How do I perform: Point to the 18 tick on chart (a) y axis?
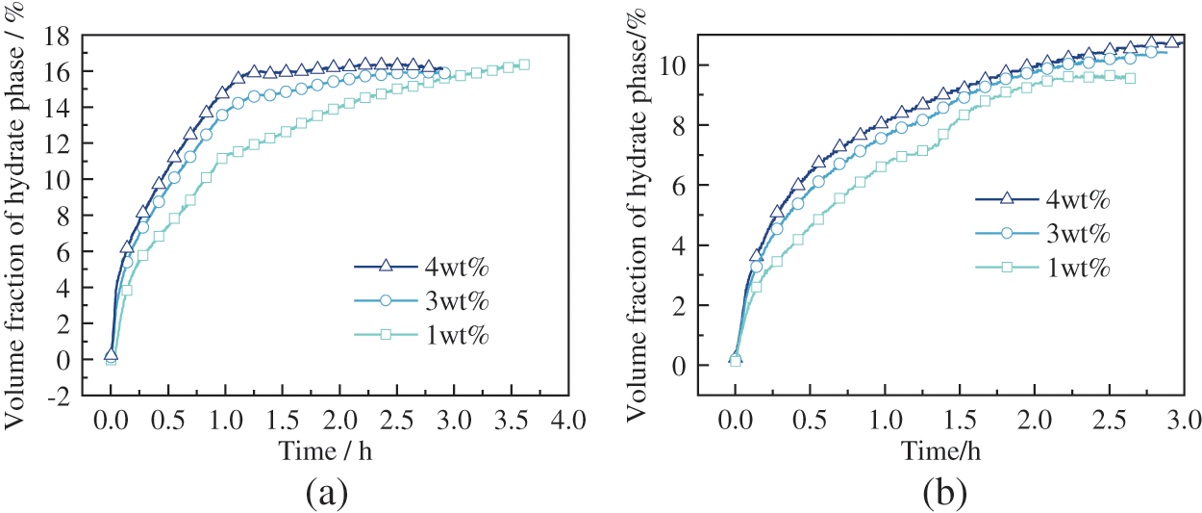pos(64,36)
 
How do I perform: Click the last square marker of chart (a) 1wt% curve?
pos(524,64)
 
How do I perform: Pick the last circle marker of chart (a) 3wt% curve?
pos(444,72)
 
